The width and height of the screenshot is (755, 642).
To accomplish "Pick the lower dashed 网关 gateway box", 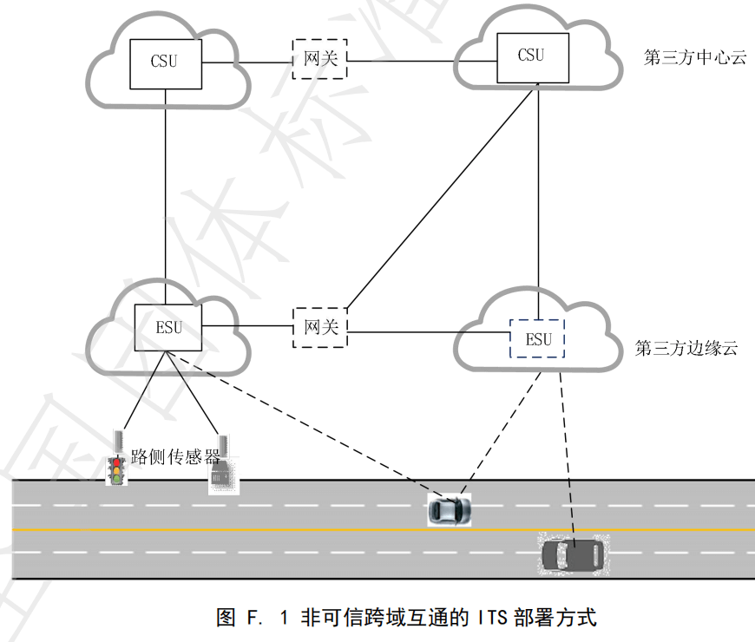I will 319,327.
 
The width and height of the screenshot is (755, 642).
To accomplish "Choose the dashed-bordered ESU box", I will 537,338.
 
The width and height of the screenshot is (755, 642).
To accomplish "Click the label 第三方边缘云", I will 686,349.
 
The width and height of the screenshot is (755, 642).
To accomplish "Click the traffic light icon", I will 115,469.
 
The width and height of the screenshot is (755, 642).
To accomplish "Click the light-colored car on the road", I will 450,509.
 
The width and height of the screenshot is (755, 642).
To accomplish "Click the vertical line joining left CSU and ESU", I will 165,195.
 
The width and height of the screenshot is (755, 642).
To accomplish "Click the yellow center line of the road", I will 260,528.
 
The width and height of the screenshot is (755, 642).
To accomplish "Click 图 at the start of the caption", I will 225,618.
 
